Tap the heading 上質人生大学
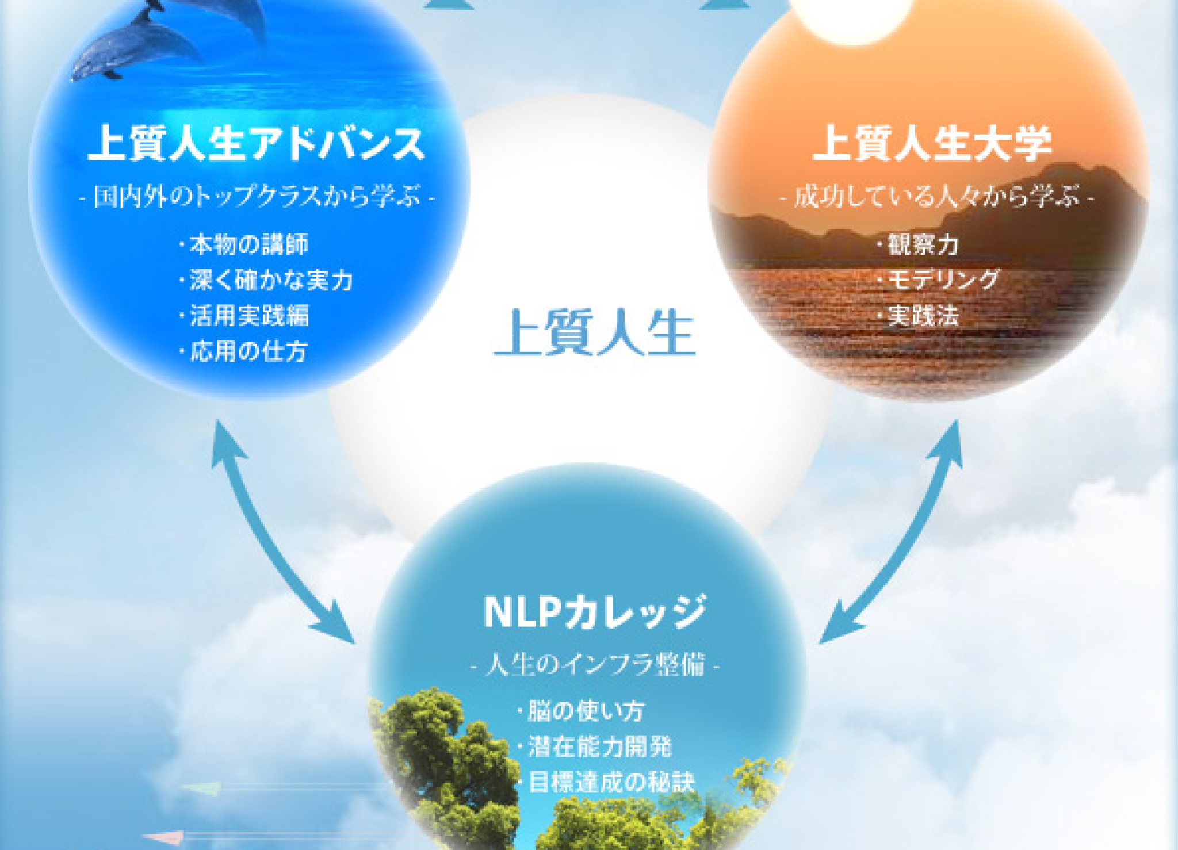(x=932, y=144)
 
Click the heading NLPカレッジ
(x=595, y=611)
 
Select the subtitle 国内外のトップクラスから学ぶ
(x=257, y=197)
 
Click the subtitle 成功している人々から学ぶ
(x=936, y=197)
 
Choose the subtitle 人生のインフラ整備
(x=595, y=665)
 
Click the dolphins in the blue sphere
(x=167, y=37)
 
